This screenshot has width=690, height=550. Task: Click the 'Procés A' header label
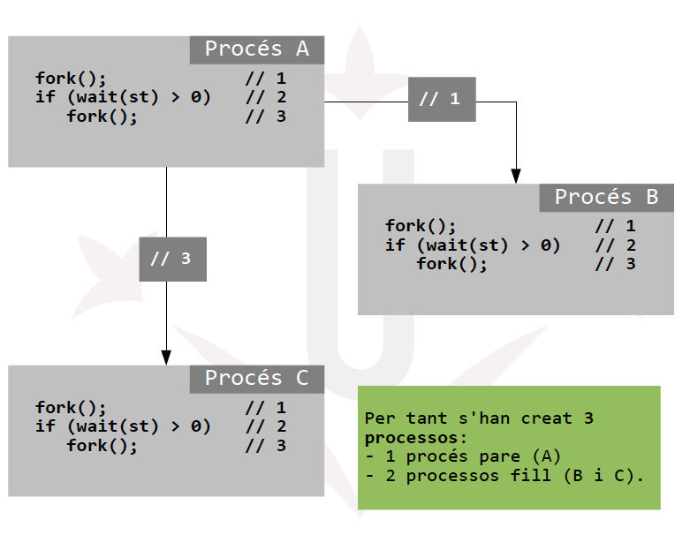(257, 49)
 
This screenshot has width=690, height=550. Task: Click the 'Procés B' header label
(606, 198)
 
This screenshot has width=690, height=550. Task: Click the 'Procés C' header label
(257, 379)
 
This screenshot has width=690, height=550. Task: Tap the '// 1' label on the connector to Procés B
(442, 99)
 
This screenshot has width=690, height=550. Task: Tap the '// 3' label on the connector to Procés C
(172, 259)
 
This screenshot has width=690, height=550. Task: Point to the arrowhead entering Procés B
(516, 176)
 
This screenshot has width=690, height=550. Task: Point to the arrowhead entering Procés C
(166, 357)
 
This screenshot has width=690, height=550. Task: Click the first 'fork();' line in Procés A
(71, 79)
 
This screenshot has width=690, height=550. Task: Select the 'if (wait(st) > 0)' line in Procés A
(123, 97)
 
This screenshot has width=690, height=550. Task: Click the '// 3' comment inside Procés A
(265, 116)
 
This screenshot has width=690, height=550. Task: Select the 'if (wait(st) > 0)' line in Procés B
(473, 245)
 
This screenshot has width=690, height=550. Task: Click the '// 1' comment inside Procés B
(615, 227)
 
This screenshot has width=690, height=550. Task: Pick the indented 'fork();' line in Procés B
(451, 264)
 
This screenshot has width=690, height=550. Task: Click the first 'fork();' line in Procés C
(71, 408)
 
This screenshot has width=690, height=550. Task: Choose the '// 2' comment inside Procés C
(265, 426)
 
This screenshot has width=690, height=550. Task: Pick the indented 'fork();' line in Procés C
(102, 445)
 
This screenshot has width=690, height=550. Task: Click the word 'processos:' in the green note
(415, 437)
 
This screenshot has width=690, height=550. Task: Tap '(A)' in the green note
(547, 456)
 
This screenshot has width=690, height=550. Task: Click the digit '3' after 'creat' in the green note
(588, 418)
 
